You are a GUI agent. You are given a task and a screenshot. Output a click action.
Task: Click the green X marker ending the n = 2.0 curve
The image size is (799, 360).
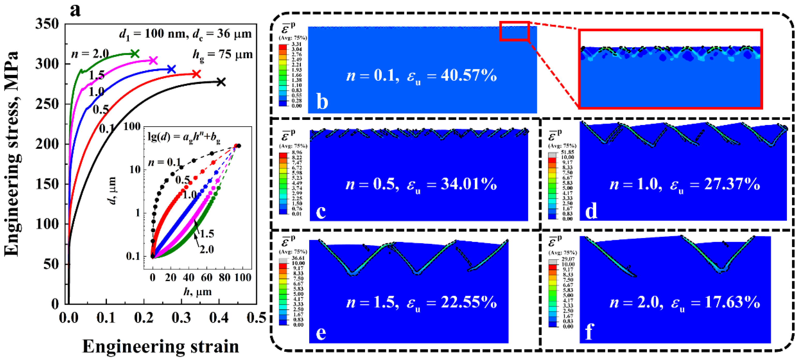pyautogui.click(x=135, y=54)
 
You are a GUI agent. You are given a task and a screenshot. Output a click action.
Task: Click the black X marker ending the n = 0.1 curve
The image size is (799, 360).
pyautogui.click(x=221, y=82)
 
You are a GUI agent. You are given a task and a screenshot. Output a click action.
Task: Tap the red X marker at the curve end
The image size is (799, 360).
pyautogui.click(x=196, y=74)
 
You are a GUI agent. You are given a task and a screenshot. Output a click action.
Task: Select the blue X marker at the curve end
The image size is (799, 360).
pyautogui.click(x=171, y=69)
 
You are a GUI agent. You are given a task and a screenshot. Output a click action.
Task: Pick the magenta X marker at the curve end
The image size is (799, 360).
pyautogui.click(x=153, y=60)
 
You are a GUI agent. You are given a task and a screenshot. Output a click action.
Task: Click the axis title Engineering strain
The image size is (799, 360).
pyautogui.click(x=160, y=346)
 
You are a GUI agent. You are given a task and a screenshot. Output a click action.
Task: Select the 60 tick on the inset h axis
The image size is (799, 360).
pyautogui.click(x=207, y=277)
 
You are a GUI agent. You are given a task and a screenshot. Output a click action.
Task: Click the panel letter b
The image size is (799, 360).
pyautogui.click(x=322, y=102)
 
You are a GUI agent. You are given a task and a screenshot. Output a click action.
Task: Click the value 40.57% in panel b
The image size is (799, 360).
pyautogui.click(x=469, y=75)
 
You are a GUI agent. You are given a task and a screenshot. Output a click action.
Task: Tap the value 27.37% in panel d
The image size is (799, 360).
pyautogui.click(x=732, y=184)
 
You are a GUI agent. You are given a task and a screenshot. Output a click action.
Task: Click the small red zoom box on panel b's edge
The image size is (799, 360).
pyautogui.click(x=514, y=31)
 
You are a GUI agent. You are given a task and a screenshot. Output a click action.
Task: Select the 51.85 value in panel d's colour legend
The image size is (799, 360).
pyautogui.click(x=567, y=152)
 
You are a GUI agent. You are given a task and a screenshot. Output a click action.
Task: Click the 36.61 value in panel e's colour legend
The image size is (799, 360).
pyautogui.click(x=298, y=258)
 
